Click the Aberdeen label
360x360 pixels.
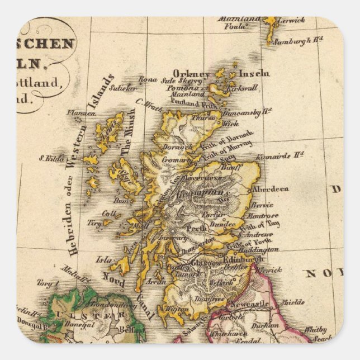point(271,189)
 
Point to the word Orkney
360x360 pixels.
point(191,74)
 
